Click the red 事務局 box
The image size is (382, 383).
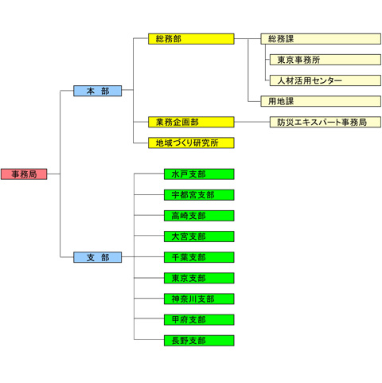(x=24, y=174)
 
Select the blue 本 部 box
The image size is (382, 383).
(x=97, y=91)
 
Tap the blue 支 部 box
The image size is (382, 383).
(x=97, y=257)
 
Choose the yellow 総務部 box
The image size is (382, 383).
(x=191, y=39)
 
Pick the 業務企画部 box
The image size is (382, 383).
(x=191, y=122)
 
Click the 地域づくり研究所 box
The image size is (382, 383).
(x=191, y=143)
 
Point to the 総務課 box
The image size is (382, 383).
(x=321, y=39)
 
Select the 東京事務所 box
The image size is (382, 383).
(x=325, y=60)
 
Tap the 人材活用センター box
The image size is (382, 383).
(x=325, y=80)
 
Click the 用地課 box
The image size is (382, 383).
(x=321, y=101)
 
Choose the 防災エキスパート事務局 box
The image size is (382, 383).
(x=325, y=122)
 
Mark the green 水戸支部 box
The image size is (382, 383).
(x=199, y=174)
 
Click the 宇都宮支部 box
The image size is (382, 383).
(x=199, y=195)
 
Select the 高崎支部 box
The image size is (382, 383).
(x=199, y=216)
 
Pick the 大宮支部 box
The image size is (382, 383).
(x=199, y=236)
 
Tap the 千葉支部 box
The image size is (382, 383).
(x=199, y=257)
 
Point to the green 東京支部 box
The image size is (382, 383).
(x=199, y=278)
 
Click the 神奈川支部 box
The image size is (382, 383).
(x=199, y=299)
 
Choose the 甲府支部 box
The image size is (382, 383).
(x=199, y=319)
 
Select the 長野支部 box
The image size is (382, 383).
(x=199, y=341)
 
